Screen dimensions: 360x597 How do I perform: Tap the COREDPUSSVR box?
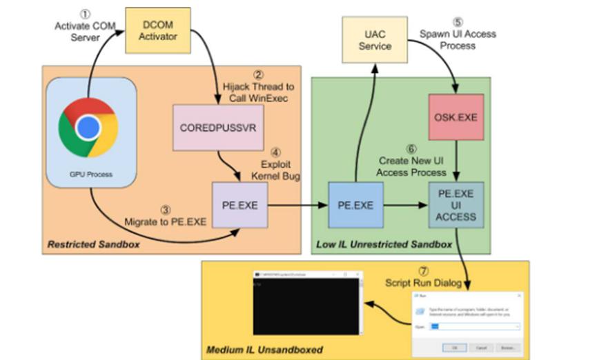point(218,128)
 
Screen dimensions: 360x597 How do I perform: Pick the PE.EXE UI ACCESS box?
point(456,205)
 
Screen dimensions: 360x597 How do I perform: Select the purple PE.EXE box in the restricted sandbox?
point(239,205)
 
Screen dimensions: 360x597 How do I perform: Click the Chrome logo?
point(88,128)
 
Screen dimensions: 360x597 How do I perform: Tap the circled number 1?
point(85,14)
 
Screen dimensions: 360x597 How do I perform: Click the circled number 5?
point(458,21)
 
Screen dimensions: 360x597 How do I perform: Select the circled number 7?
point(423,271)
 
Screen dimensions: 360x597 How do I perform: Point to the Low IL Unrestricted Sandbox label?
point(384,245)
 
